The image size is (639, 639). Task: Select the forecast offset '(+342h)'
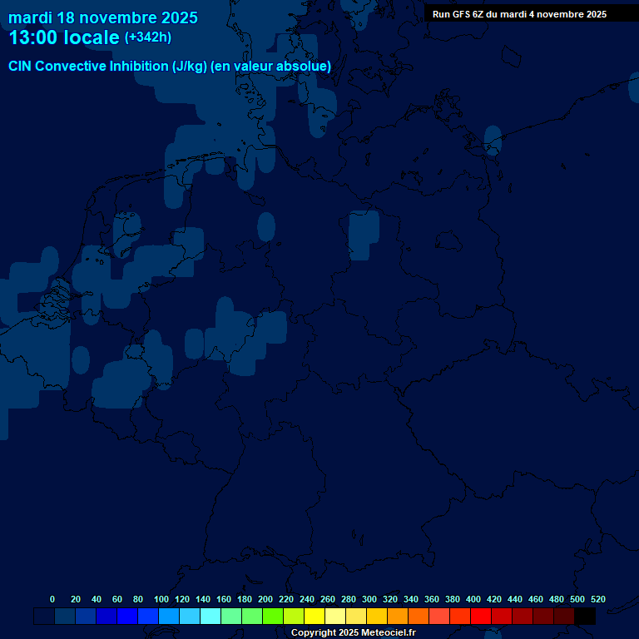148,37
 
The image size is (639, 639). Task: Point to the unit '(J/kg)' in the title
190,67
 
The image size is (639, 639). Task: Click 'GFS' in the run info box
460,14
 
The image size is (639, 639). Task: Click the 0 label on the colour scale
52,599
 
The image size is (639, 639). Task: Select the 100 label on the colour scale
161,599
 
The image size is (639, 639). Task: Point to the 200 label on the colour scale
265,599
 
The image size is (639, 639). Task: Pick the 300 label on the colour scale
369,599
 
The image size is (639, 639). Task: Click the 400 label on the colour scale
473,599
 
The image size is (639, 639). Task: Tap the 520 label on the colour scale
598,599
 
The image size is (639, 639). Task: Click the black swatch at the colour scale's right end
585,617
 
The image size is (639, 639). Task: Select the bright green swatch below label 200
273,617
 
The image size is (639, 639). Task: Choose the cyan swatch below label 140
211,617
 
